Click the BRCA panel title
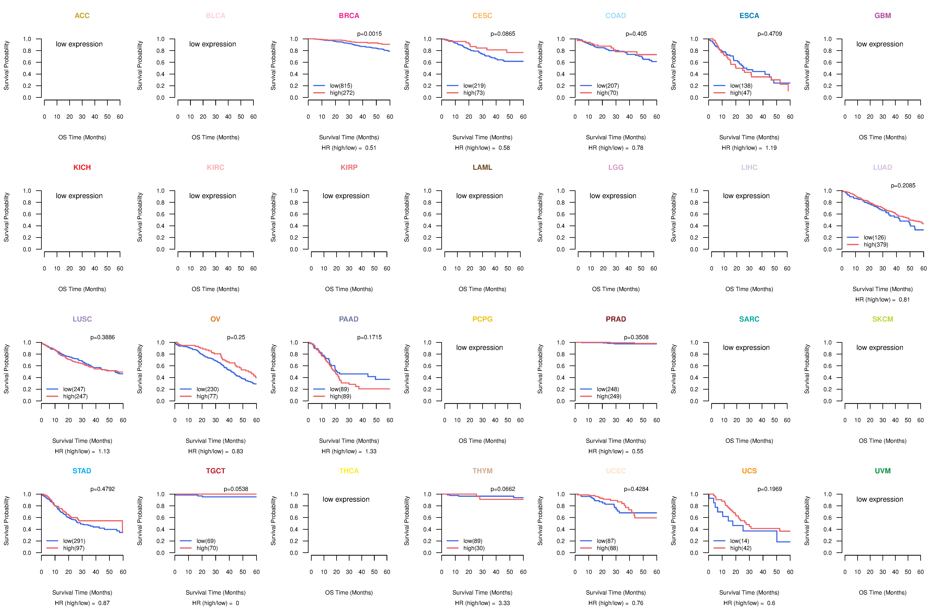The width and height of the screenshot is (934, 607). click(x=349, y=16)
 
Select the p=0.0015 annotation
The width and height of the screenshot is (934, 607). click(x=369, y=34)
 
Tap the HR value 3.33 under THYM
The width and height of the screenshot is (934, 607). click(x=504, y=603)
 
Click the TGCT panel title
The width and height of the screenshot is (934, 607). click(x=215, y=471)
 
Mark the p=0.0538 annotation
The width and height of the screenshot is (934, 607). click(x=236, y=489)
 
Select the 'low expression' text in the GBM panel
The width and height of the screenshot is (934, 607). click(x=880, y=44)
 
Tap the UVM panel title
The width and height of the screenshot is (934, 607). click(x=883, y=471)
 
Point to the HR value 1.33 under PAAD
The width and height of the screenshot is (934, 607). click(x=371, y=451)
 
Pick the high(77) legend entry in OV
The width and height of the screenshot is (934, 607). click(x=207, y=396)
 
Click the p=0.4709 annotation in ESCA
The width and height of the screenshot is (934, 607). click(x=770, y=34)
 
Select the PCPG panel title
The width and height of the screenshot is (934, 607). click(x=482, y=319)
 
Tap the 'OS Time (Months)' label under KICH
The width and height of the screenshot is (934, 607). click(x=82, y=289)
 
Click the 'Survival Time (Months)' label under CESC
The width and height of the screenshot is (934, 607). click(x=482, y=137)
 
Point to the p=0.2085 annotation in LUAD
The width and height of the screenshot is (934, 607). click(x=903, y=186)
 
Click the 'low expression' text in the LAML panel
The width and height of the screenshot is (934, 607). click(x=480, y=196)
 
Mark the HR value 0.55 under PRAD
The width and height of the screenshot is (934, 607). click(x=638, y=451)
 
